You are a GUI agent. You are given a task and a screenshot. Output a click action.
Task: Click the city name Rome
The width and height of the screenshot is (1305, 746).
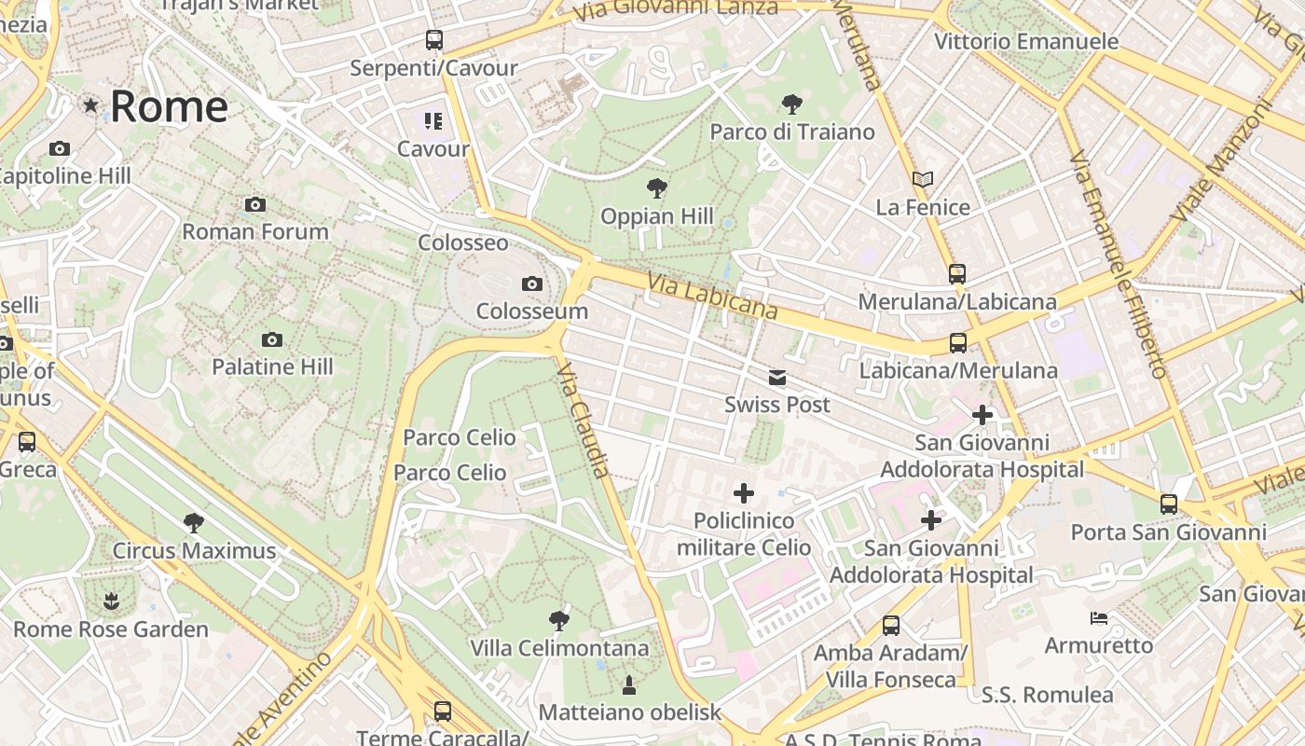169,106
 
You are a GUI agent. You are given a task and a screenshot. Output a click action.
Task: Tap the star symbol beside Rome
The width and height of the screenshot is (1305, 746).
90,105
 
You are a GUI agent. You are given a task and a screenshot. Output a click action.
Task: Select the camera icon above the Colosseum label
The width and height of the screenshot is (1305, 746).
532,283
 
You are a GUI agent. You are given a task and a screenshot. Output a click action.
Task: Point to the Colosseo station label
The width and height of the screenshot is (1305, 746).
463,242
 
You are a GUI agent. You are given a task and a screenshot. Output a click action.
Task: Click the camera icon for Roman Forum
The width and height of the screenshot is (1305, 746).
255,204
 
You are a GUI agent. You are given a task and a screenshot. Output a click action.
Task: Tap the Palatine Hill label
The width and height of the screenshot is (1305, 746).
272,366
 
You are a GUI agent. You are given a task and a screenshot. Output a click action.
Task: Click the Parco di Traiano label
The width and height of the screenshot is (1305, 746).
792,131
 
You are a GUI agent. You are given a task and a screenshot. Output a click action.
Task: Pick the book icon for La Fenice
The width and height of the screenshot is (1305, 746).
923,179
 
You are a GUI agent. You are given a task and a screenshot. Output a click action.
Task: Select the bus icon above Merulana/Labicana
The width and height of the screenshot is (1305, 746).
957,274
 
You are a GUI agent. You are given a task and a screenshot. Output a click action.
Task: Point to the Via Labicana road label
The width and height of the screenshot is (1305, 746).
713,296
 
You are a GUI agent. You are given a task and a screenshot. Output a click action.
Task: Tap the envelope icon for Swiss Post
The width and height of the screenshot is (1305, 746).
777,378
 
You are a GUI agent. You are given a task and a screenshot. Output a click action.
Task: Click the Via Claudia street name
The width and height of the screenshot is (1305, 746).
584,421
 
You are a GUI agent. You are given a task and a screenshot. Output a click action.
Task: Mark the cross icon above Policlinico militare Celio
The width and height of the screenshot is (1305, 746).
744,492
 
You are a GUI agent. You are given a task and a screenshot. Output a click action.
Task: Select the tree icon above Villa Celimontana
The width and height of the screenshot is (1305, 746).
559,620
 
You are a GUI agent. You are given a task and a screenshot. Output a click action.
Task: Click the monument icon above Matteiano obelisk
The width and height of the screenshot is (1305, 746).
629,685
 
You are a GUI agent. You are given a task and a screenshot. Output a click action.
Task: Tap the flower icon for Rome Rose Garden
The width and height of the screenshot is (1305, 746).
111,601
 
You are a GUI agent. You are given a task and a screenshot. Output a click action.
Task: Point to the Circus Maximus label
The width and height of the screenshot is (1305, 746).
194,551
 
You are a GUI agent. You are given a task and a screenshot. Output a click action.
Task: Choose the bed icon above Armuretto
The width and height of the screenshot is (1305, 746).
1099,617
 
